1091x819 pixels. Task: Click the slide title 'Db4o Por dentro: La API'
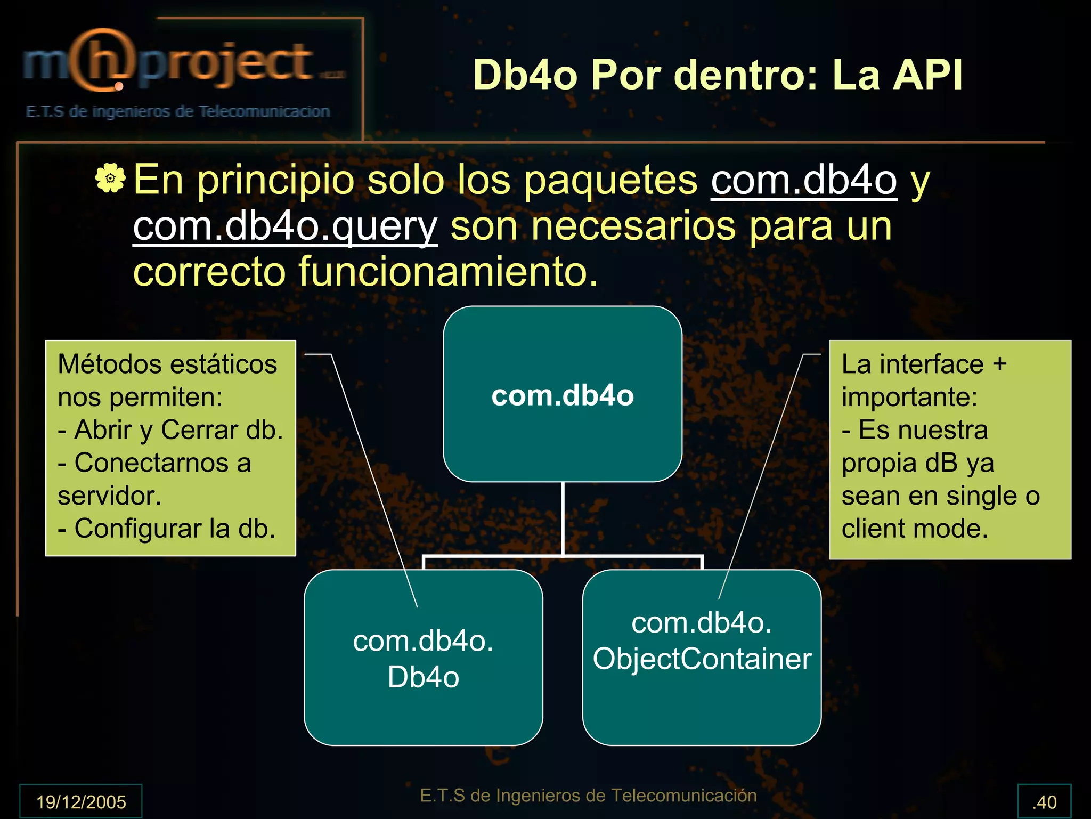pyautogui.click(x=718, y=75)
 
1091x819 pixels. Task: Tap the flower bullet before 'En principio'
pyautogui.click(x=110, y=179)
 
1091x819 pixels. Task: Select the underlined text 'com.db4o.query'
pyautogui.click(x=285, y=226)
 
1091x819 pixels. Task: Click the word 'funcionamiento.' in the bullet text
pyautogui.click(x=447, y=272)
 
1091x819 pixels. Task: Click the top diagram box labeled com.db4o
pyautogui.click(x=563, y=394)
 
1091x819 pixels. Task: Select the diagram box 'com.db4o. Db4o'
pyautogui.click(x=423, y=658)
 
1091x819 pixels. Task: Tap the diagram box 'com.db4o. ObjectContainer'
pyautogui.click(x=702, y=658)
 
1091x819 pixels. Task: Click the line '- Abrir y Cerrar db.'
pyautogui.click(x=170, y=430)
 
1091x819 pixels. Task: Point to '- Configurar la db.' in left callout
pyautogui.click(x=167, y=529)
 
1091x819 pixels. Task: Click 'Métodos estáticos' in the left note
pyautogui.click(x=167, y=364)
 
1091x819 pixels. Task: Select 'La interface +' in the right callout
pyautogui.click(x=924, y=364)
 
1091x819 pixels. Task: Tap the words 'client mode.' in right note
pyautogui.click(x=915, y=529)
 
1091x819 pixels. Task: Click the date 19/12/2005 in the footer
pyautogui.click(x=81, y=801)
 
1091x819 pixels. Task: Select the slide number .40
pyautogui.click(x=1044, y=801)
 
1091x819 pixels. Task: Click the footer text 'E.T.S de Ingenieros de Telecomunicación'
pyautogui.click(x=588, y=796)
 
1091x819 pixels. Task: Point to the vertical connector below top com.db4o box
pyautogui.click(x=563, y=518)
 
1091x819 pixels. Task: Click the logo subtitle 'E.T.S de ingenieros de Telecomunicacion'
pyautogui.click(x=178, y=111)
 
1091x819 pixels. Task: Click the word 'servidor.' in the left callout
pyautogui.click(x=109, y=496)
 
